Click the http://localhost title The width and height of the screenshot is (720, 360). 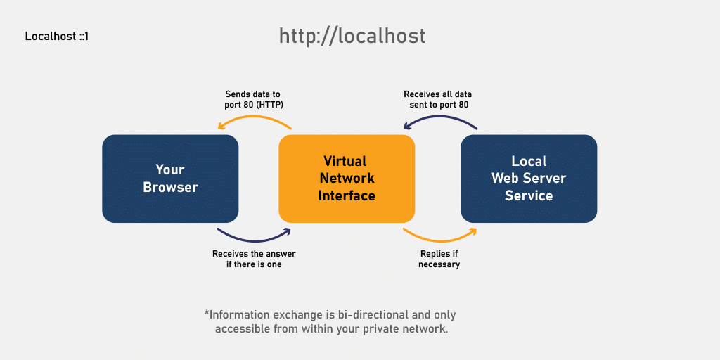pos(352,36)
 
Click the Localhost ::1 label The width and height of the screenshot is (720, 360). pos(56,37)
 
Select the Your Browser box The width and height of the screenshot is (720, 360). pos(170,179)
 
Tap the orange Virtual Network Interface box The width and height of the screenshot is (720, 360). pos(347,179)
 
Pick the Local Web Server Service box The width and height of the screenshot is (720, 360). pos(529,179)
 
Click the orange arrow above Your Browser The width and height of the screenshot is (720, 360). pos(254,119)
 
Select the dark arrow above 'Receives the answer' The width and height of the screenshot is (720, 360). pos(254,236)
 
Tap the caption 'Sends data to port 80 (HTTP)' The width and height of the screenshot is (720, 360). pos(254,99)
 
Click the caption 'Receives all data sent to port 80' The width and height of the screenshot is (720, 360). pos(439,99)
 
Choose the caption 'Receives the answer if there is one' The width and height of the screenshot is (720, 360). pos(253,259)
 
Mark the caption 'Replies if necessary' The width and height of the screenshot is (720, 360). pos(439,259)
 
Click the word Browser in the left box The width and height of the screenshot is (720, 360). pos(170,188)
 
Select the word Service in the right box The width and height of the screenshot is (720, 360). pos(529,195)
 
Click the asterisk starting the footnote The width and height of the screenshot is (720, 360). pos(207,313)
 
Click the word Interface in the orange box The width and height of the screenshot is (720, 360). pos(347,195)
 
